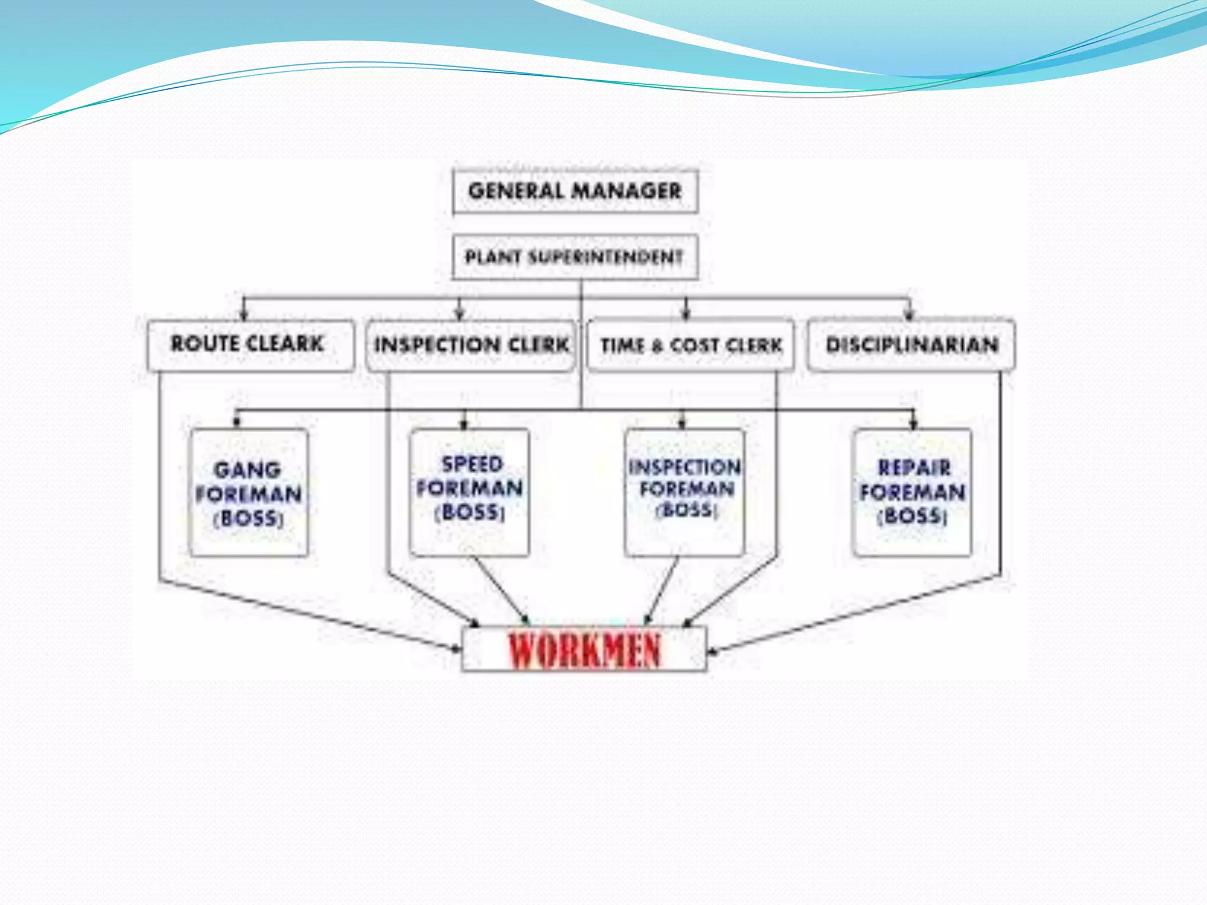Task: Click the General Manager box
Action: (x=575, y=191)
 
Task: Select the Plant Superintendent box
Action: (x=575, y=257)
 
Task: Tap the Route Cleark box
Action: (x=250, y=345)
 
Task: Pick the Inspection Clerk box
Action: (x=470, y=345)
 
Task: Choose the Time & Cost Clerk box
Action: (x=691, y=345)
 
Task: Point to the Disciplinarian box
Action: (x=911, y=345)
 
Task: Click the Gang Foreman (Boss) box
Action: (x=249, y=493)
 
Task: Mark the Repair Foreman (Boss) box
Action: (x=912, y=493)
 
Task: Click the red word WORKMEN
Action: (x=584, y=650)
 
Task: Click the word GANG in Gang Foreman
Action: (x=248, y=470)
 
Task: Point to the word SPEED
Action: (x=472, y=464)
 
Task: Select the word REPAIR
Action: (x=914, y=468)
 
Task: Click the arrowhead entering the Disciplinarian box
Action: (x=909, y=314)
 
